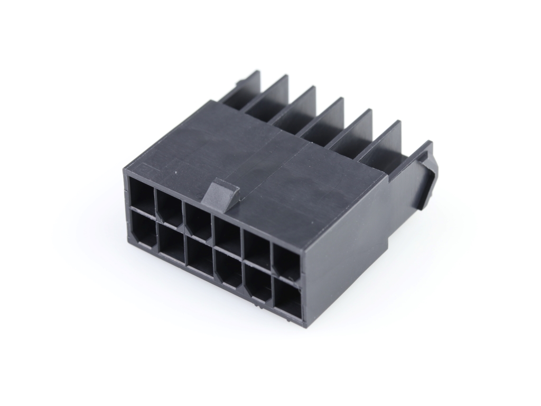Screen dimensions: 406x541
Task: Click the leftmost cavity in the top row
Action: tap(141, 194)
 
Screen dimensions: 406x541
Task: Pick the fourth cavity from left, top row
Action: tap(228, 233)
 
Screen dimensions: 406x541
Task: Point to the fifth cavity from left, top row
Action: tap(257, 245)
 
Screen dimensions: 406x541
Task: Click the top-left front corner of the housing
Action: tap(126, 168)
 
